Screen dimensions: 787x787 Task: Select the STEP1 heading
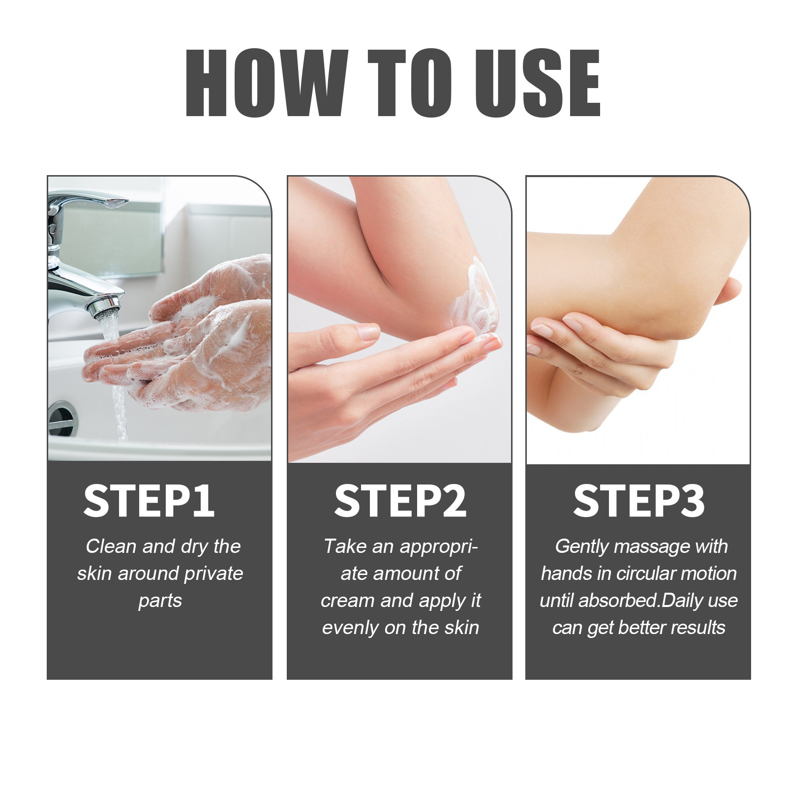(149, 501)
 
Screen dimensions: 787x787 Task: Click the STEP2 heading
(400, 501)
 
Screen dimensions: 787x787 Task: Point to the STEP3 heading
(638, 501)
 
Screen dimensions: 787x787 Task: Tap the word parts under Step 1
(160, 601)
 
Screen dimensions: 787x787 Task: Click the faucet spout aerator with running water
(104, 307)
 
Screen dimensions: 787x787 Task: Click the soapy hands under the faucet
(197, 344)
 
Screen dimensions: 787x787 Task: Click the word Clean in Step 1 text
(111, 547)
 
